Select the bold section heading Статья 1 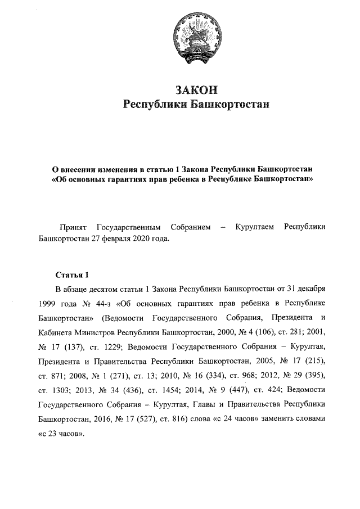72,276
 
